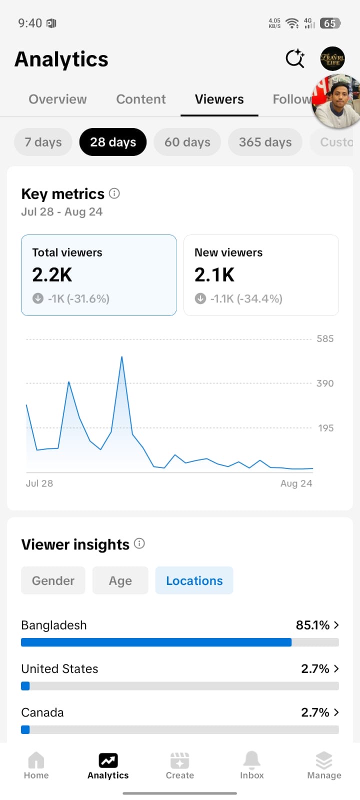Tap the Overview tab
(x=57, y=99)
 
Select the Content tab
(x=140, y=99)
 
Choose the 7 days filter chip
(x=43, y=142)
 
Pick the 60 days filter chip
(x=187, y=142)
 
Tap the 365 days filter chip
(x=265, y=142)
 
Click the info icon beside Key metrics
(x=114, y=193)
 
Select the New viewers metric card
(x=261, y=275)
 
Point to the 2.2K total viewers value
(x=52, y=275)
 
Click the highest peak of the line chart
(x=122, y=356)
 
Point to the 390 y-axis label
(x=325, y=383)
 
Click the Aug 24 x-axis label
(x=296, y=483)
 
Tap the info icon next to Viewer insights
(x=139, y=543)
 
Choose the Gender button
(x=53, y=580)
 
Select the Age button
(x=120, y=580)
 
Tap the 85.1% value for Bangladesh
(x=312, y=625)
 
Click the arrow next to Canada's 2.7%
(x=336, y=712)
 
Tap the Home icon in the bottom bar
(x=36, y=760)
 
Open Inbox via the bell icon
(x=252, y=760)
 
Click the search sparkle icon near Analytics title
(x=295, y=58)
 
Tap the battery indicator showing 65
(x=330, y=23)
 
